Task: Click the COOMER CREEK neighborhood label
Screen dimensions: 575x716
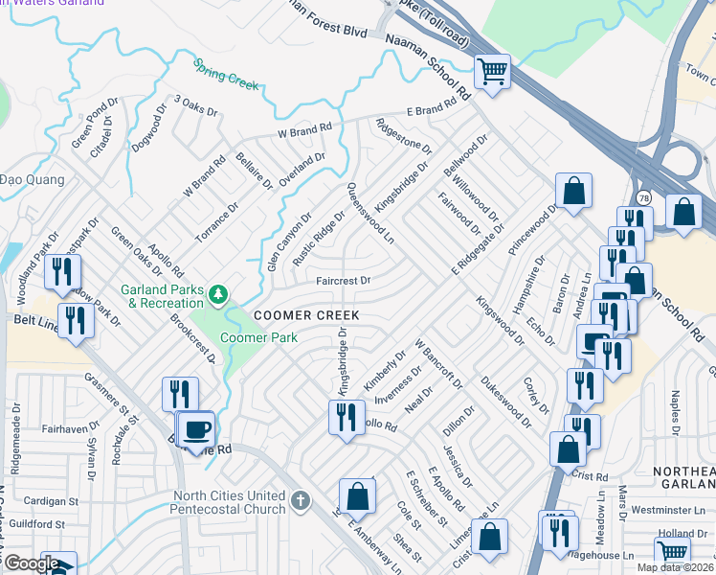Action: click(305, 315)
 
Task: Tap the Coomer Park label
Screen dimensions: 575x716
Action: click(258, 337)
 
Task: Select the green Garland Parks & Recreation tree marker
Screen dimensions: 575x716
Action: click(219, 292)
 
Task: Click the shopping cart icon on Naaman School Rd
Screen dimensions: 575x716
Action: click(492, 70)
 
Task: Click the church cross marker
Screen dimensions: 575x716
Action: click(301, 500)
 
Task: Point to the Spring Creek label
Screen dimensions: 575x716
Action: click(227, 76)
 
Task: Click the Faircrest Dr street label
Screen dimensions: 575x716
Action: click(344, 281)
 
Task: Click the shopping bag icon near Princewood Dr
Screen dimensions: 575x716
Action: click(573, 190)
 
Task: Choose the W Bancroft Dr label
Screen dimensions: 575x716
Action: click(438, 363)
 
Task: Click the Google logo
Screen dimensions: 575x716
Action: click(31, 563)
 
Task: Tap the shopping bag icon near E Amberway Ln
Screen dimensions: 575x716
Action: click(357, 495)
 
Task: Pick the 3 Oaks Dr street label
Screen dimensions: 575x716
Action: click(195, 106)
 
